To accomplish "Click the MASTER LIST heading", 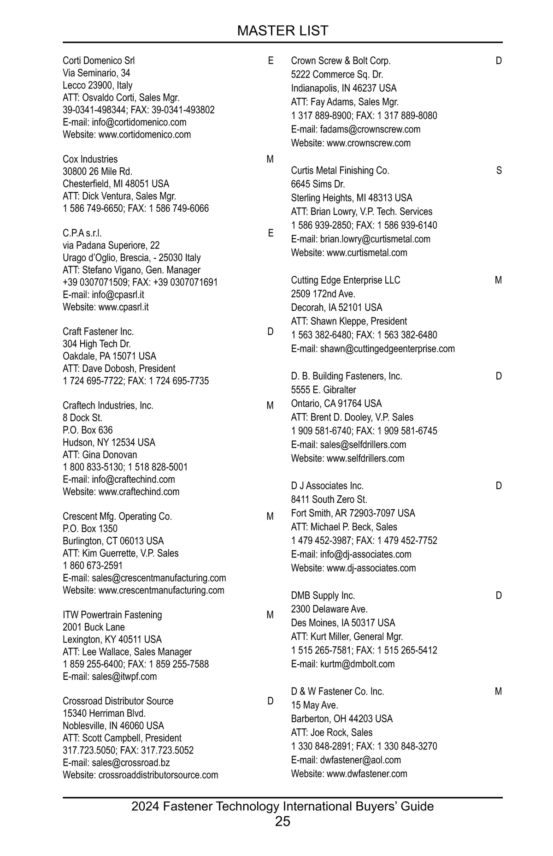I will [282, 30].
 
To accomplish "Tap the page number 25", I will [282, 821].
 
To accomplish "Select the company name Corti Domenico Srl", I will [99, 60].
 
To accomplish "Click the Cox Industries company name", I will [90, 159].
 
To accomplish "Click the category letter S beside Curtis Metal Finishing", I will [499, 171].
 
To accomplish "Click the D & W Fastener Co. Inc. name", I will [337, 691].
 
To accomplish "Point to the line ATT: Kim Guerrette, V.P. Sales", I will [120, 553].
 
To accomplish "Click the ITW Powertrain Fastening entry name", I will [112, 615].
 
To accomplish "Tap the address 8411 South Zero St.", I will [329, 499].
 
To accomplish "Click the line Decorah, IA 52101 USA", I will [336, 308].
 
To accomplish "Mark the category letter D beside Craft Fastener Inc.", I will [270, 332].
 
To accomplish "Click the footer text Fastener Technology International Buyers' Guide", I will [298, 806].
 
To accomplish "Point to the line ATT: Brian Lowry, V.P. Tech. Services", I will [362, 212].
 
